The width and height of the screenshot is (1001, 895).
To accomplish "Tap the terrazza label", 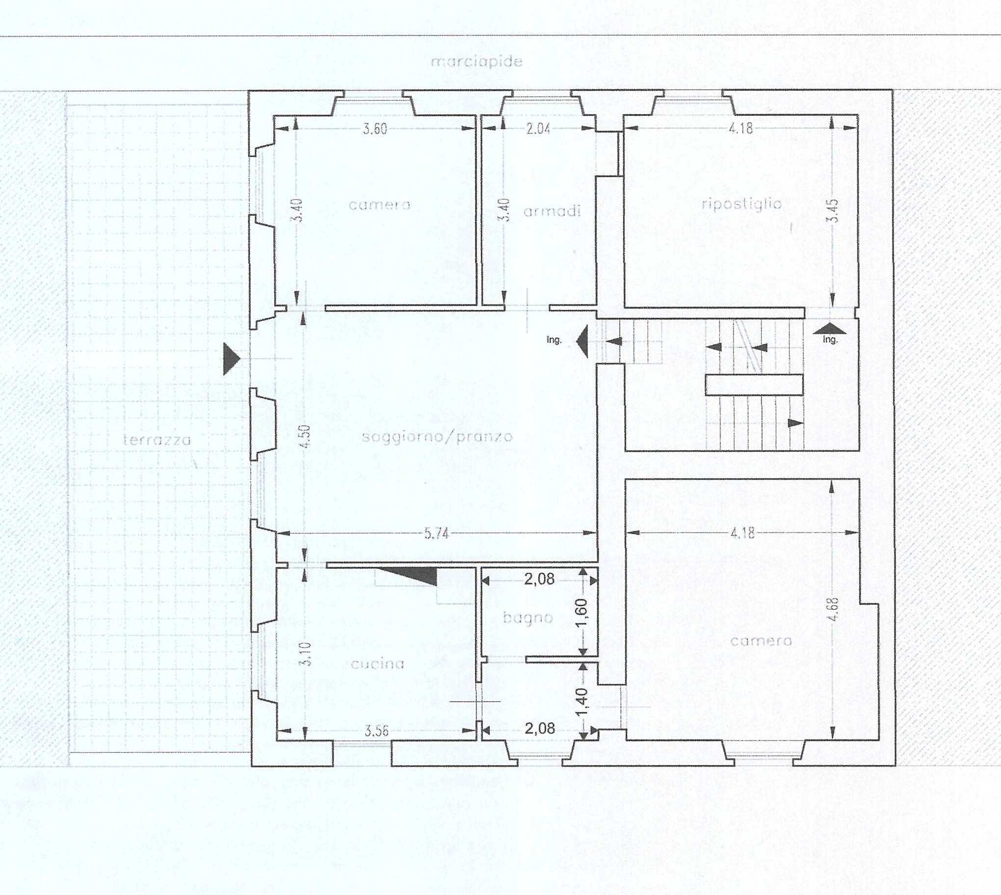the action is tap(157, 439).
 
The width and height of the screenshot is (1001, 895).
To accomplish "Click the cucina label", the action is tap(377, 664).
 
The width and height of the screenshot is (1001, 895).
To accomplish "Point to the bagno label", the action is tap(527, 618).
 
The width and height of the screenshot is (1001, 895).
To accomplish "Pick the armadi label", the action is tap(552, 211).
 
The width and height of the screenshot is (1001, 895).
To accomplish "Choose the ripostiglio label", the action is tap(741, 204).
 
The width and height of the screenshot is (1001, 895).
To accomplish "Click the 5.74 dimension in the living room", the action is tap(437, 534).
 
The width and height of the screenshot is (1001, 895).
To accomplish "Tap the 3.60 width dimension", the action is tap(375, 129).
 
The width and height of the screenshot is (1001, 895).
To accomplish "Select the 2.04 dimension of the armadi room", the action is tap(538, 129).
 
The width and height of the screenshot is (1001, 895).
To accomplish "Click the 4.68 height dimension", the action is tap(833, 610).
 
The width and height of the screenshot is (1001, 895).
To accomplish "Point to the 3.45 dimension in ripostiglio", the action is tap(834, 210).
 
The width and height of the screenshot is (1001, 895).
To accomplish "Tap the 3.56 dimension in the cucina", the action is tap(376, 731).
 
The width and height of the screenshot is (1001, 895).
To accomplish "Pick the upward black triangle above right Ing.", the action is tap(830, 329).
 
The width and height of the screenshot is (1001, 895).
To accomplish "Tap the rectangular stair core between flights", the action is tap(754, 384).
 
